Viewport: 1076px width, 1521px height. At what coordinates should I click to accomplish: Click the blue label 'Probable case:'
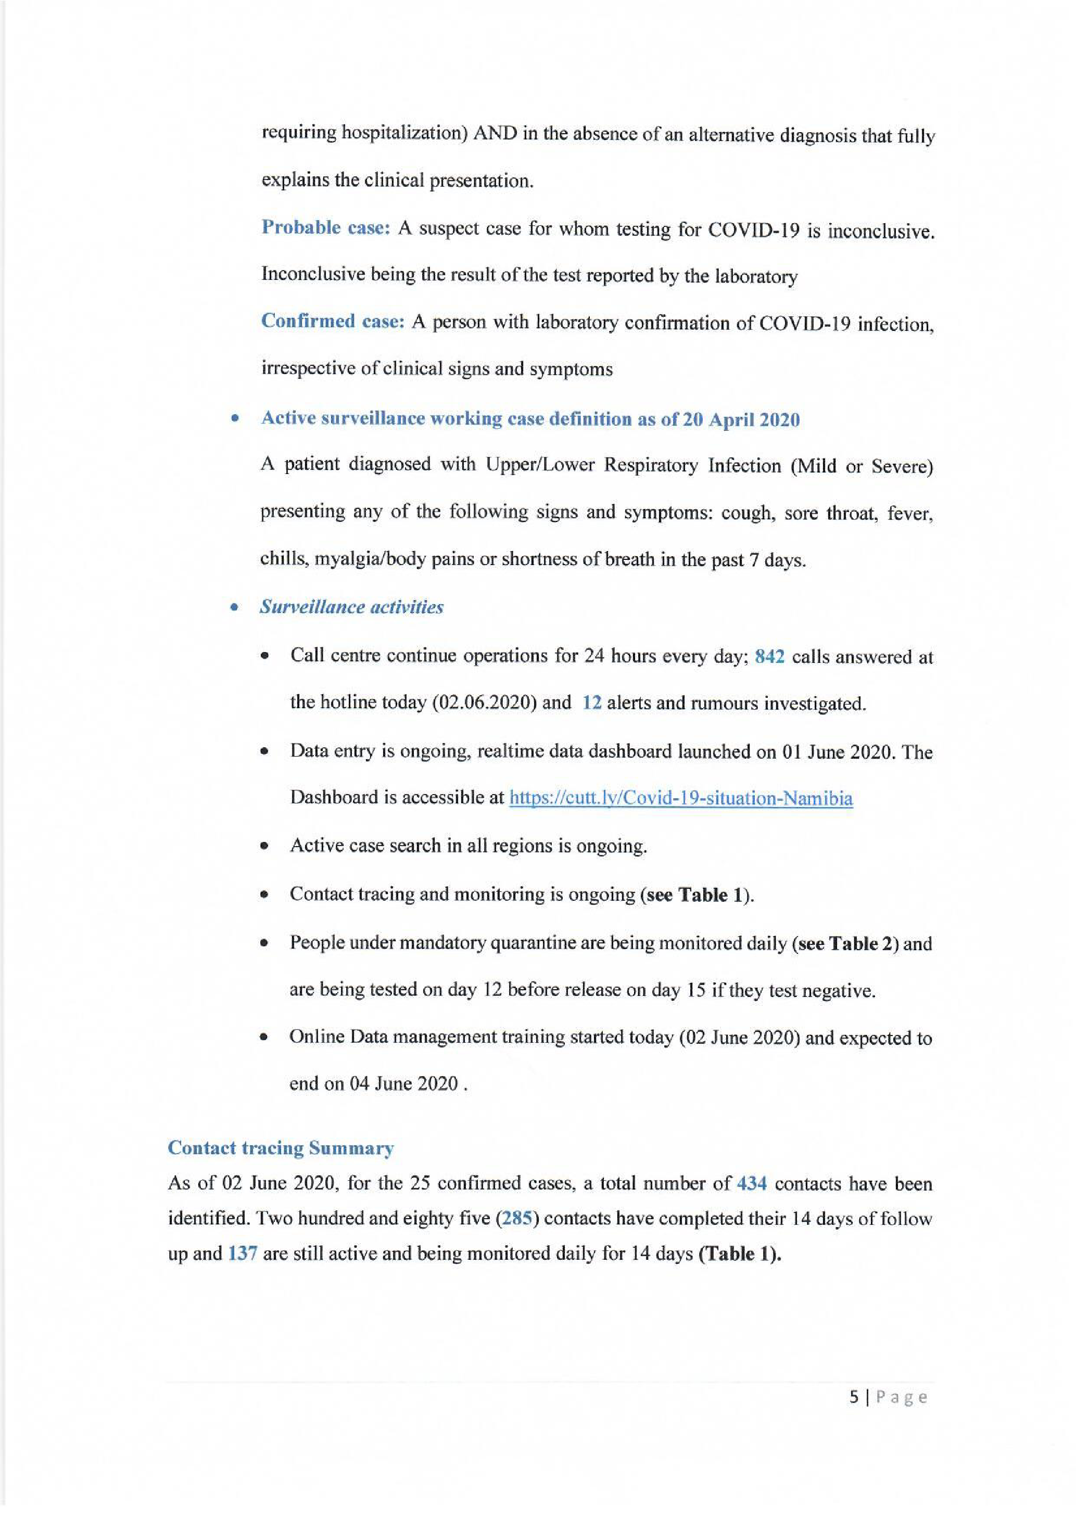pyautogui.click(x=325, y=227)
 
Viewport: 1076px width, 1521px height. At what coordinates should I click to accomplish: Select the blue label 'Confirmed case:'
pyautogui.click(x=333, y=321)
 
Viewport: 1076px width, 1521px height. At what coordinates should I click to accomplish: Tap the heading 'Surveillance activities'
pyautogui.click(x=351, y=607)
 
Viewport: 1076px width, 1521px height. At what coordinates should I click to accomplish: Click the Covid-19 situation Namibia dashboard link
pyautogui.click(x=680, y=798)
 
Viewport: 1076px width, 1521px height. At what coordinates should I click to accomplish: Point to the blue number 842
pyautogui.click(x=769, y=657)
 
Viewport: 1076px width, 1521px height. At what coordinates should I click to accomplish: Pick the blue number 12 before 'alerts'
pyautogui.click(x=592, y=703)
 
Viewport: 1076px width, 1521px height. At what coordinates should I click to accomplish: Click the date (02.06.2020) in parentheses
pyautogui.click(x=484, y=703)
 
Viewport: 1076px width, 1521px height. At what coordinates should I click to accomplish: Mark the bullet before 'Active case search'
pyautogui.click(x=264, y=847)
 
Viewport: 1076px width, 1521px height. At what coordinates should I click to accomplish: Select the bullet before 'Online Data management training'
pyautogui.click(x=264, y=1038)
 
